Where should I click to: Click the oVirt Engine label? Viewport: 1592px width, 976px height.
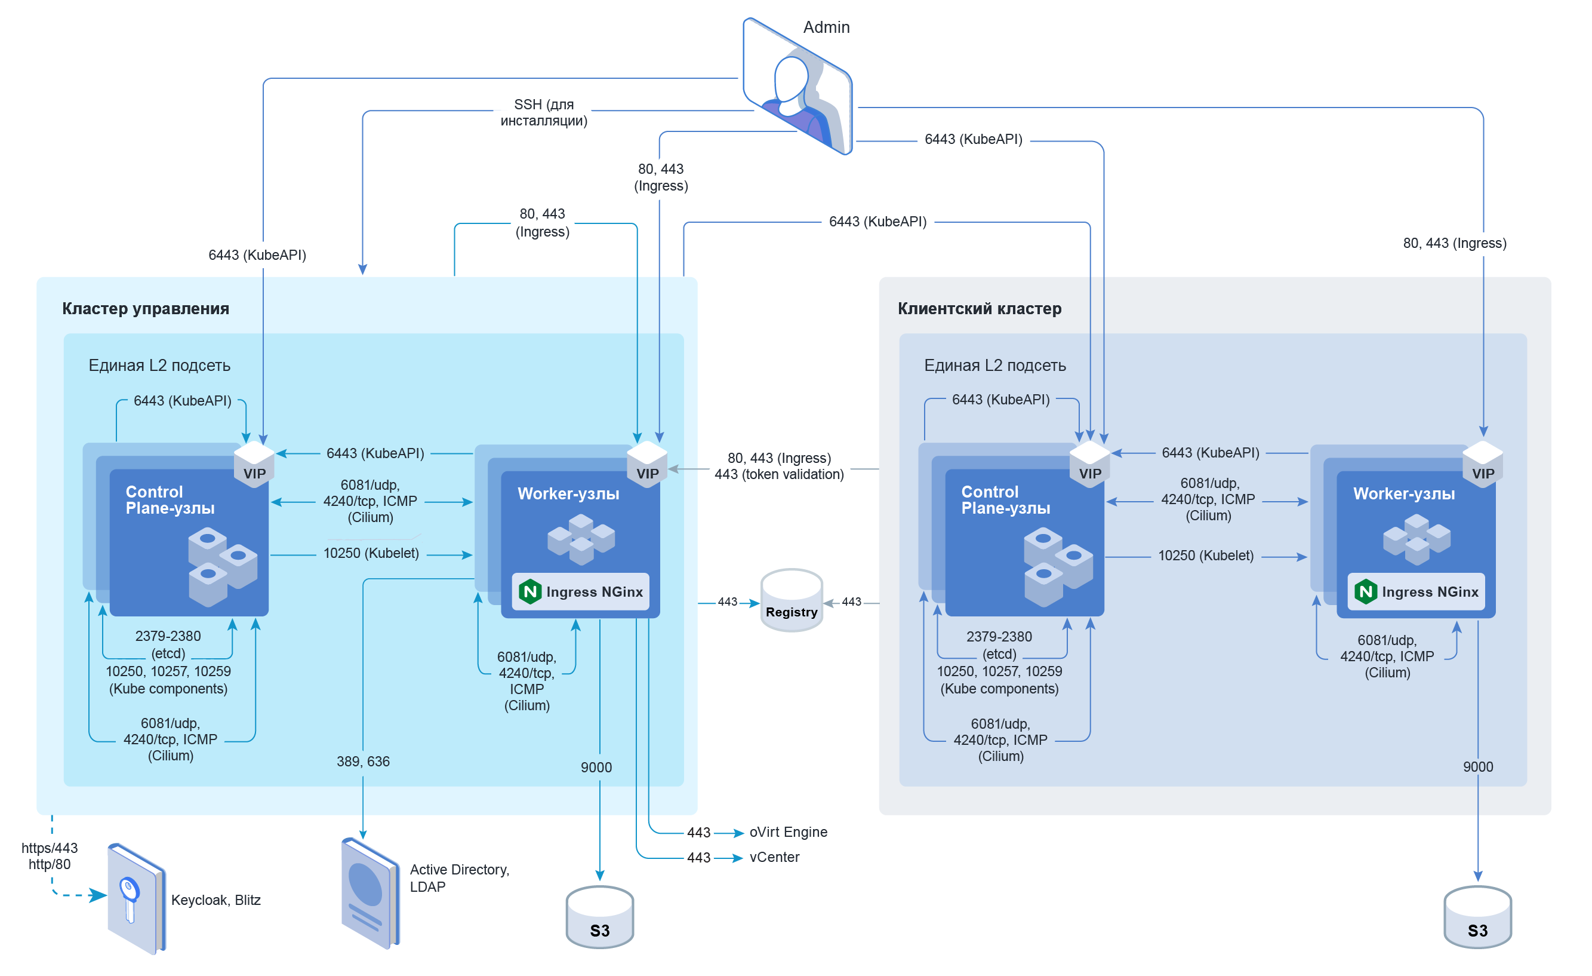click(x=787, y=832)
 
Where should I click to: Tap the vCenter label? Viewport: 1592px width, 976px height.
click(x=774, y=857)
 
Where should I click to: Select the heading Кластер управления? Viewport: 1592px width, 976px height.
click(x=146, y=308)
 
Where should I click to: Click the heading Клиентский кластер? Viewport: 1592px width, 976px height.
click(x=979, y=308)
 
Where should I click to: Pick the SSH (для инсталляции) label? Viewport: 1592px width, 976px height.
click(x=543, y=112)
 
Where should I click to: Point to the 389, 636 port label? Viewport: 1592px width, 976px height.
click(x=362, y=762)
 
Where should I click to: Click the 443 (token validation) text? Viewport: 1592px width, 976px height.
click(x=778, y=474)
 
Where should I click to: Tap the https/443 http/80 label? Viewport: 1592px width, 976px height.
click(x=49, y=856)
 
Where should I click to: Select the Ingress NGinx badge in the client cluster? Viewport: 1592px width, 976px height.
click(x=1416, y=591)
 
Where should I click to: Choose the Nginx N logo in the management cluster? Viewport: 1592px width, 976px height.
click(x=530, y=591)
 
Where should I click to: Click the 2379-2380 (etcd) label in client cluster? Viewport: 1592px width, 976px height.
click(x=999, y=645)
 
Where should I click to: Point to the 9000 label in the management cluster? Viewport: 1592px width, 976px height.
click(x=596, y=767)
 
